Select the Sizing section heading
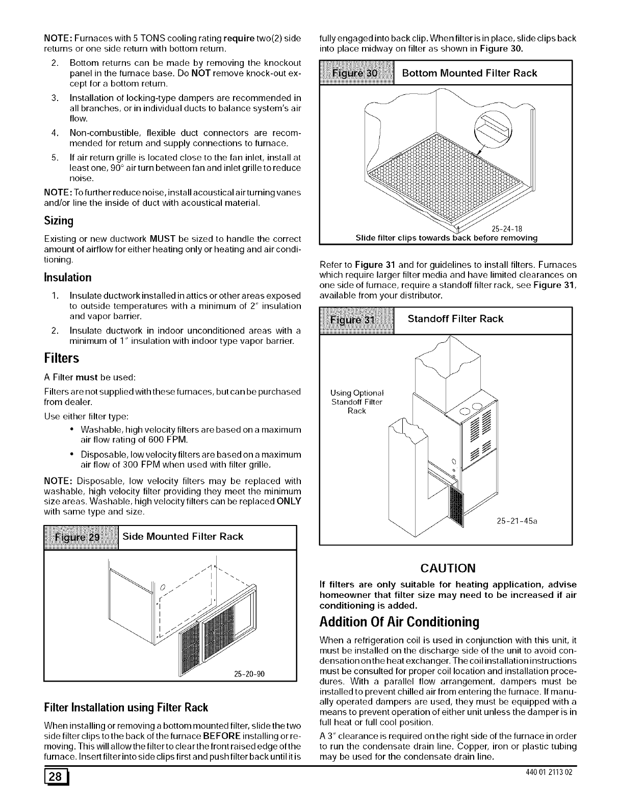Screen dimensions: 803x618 click(x=59, y=221)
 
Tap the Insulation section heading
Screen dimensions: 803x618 click(x=67, y=278)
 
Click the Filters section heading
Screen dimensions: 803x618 click(x=61, y=358)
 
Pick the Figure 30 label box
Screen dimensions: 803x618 click(x=356, y=73)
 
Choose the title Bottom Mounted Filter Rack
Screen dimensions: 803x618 click(x=470, y=73)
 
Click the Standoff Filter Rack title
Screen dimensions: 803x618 click(x=456, y=319)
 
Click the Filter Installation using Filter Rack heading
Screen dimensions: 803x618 click(x=126, y=708)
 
